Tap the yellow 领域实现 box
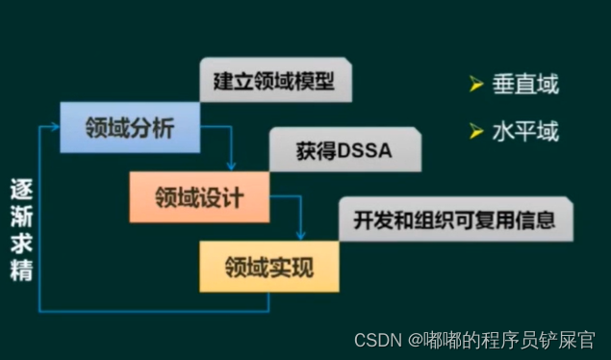point(269,266)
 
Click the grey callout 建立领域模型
point(274,81)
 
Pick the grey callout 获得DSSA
point(344,151)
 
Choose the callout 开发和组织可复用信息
point(454,220)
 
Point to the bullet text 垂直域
point(525,85)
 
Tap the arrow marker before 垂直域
point(475,86)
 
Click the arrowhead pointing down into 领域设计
point(232,166)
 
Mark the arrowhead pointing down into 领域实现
point(301,235)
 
